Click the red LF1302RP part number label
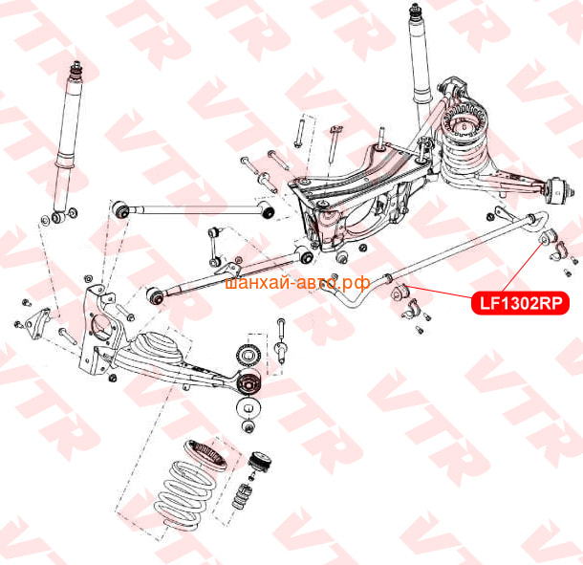point(520,303)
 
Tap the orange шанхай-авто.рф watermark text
point(298,283)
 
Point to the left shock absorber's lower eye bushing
point(57,216)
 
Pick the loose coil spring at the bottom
point(183,494)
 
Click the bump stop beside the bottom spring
point(243,496)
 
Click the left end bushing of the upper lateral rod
point(120,209)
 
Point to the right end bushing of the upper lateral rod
point(267,209)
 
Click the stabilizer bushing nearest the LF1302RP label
point(548,236)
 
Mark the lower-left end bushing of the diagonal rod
point(155,295)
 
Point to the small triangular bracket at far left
point(38,323)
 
